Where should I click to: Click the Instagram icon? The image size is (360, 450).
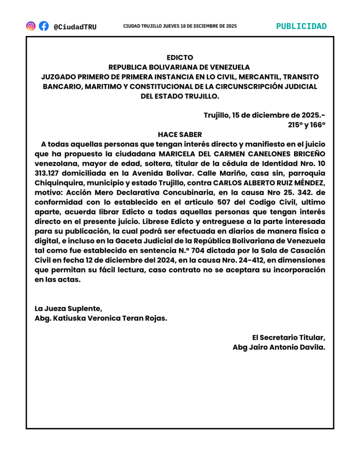[x=31, y=26]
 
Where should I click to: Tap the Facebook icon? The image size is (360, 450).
[x=44, y=26]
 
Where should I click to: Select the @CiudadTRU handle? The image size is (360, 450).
[x=75, y=27]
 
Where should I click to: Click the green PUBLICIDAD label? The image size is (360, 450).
[x=301, y=26]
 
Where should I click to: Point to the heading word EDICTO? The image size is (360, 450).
[x=180, y=58]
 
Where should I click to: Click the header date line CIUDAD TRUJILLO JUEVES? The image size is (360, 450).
[x=180, y=26]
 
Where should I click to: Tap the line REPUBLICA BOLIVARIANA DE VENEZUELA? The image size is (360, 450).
[x=179, y=67]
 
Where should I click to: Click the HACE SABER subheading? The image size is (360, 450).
[x=180, y=134]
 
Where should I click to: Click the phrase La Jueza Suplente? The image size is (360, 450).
[x=68, y=308]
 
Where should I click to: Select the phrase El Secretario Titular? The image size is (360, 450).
[x=288, y=337]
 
